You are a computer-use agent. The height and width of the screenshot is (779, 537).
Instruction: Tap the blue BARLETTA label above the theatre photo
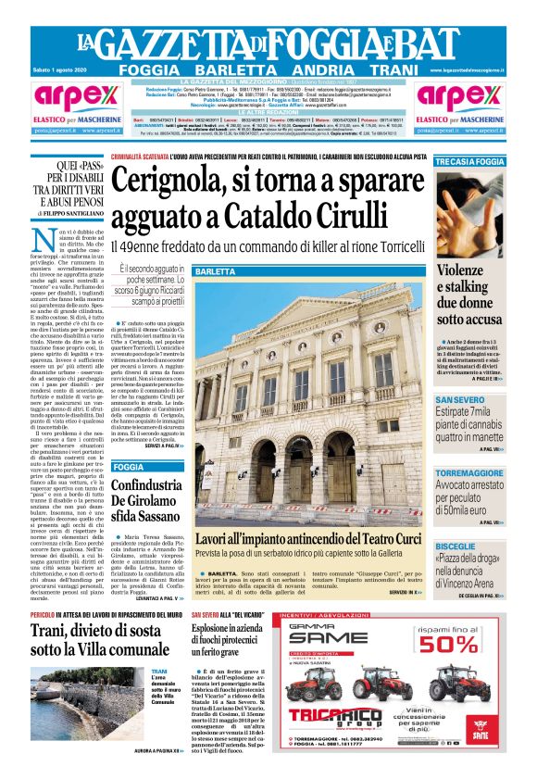coord(216,272)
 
